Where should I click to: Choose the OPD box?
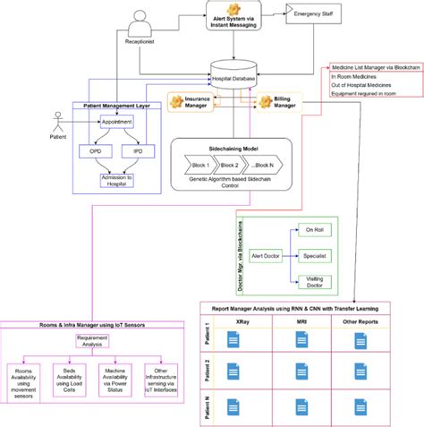[96, 153]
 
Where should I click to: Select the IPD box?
[137, 153]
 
